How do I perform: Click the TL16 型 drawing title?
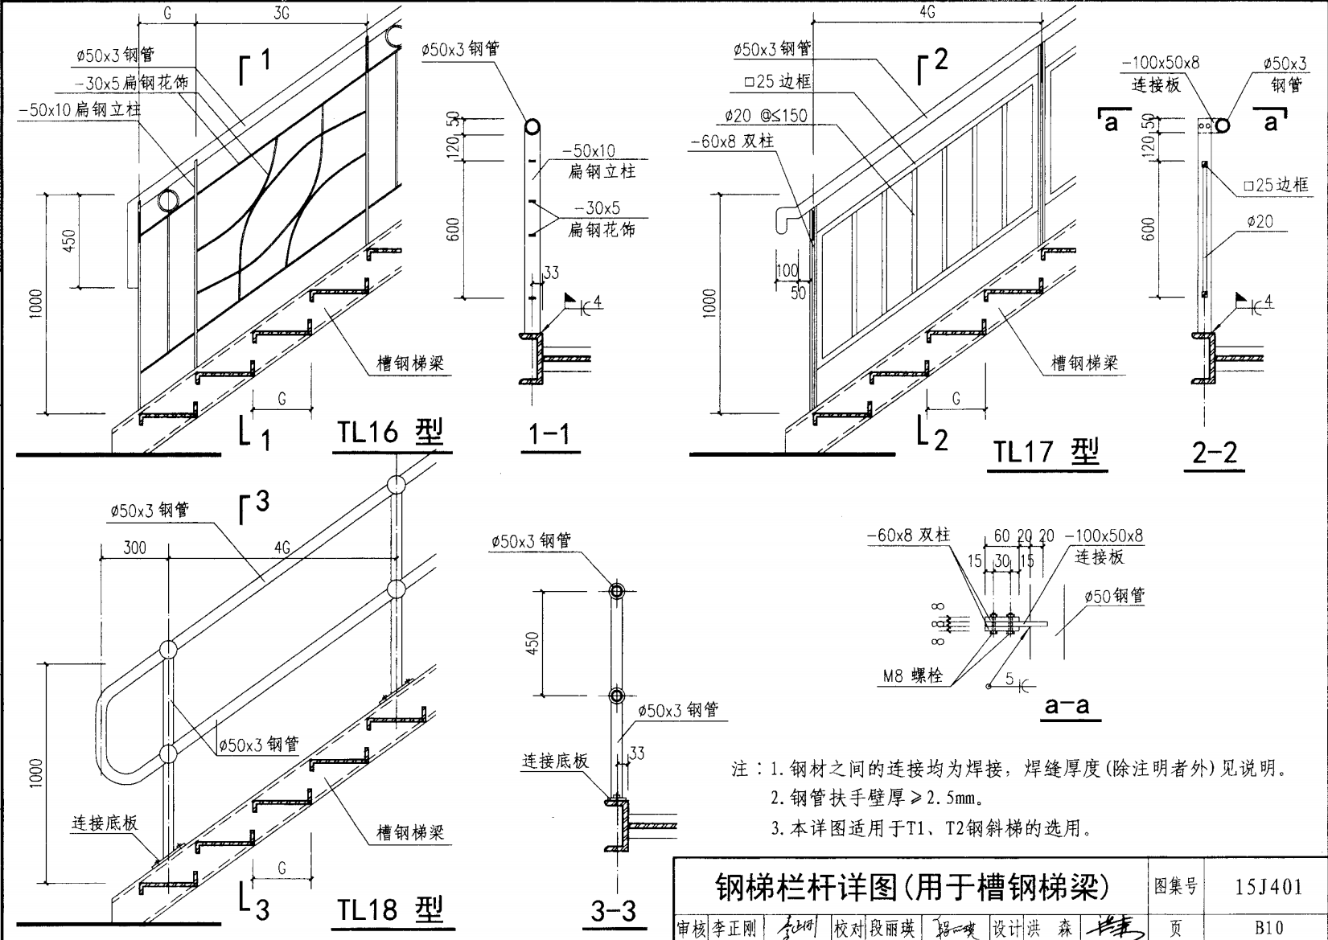(390, 433)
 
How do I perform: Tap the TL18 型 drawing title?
(390, 909)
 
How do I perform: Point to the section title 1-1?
(549, 435)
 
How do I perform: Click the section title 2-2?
(1214, 453)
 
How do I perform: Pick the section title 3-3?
(613, 911)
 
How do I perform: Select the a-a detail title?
(1067, 706)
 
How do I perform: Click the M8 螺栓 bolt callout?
(912, 676)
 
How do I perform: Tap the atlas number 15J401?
(1268, 887)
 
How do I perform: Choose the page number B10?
(1268, 927)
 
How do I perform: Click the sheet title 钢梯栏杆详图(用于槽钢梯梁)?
(911, 887)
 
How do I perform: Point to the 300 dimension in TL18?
(134, 548)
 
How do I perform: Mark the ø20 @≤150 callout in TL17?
(765, 116)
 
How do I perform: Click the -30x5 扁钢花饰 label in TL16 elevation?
(131, 83)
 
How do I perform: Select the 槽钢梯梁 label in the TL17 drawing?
(1084, 363)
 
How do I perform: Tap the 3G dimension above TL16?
(282, 14)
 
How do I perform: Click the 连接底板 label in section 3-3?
(555, 761)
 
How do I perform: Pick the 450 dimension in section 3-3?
(532, 643)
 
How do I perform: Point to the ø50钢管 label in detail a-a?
(1114, 597)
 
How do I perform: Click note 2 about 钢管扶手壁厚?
(877, 798)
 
